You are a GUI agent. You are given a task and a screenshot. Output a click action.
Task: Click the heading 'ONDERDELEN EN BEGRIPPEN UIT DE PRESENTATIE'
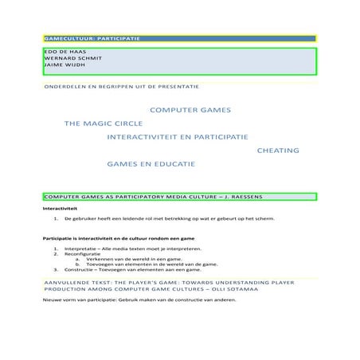click(120, 85)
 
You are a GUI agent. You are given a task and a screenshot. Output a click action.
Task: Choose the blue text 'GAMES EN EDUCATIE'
click(151, 164)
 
